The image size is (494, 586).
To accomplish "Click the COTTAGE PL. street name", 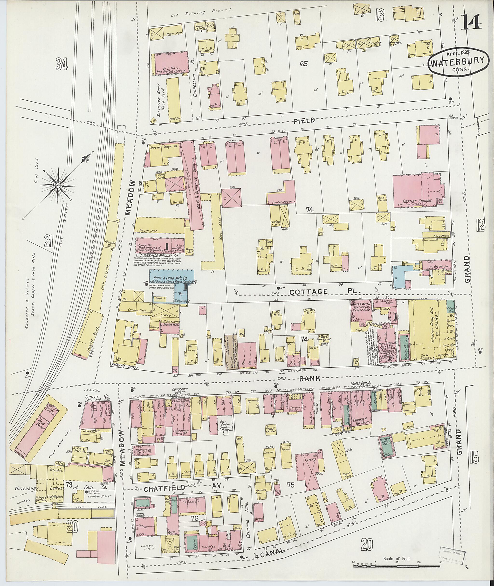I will pos(325,292).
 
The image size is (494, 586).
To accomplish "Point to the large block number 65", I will pos(304,64).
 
